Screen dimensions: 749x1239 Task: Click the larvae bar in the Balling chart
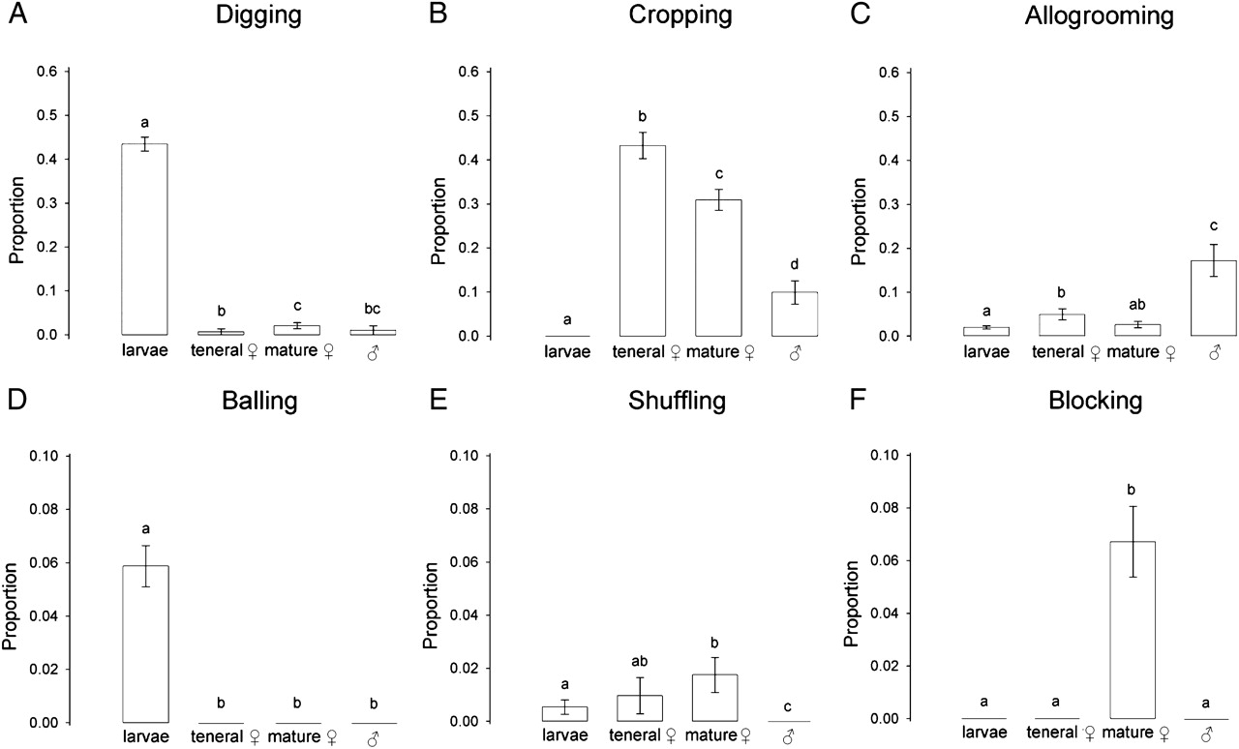click(x=145, y=644)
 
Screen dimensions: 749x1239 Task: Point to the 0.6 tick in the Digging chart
click(x=47, y=72)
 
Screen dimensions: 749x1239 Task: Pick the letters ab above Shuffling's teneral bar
click(x=639, y=662)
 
